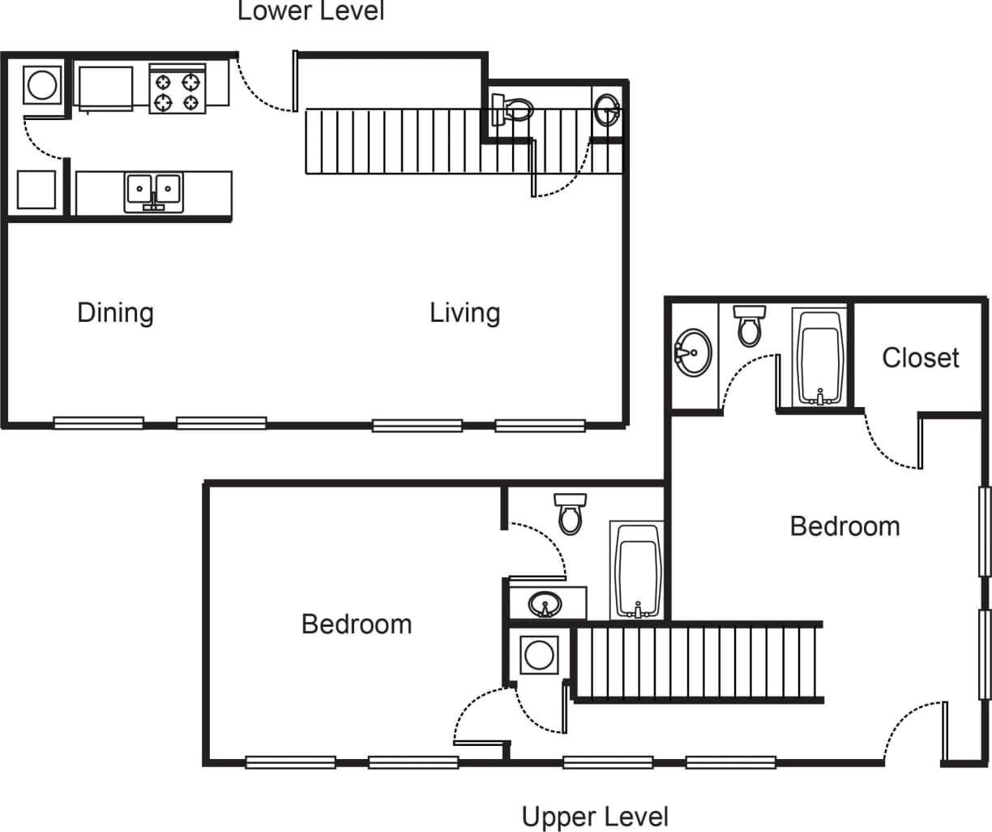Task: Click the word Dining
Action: click(115, 313)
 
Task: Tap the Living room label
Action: click(464, 313)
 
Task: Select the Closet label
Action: click(920, 358)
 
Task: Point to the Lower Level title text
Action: click(310, 11)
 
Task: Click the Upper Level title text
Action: click(595, 817)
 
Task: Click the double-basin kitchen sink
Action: click(153, 192)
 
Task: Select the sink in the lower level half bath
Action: click(606, 109)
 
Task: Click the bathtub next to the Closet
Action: click(821, 357)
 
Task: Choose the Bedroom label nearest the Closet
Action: click(844, 526)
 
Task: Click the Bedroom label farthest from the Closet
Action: click(357, 624)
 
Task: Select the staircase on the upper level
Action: click(697, 662)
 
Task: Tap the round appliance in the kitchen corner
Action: click(41, 84)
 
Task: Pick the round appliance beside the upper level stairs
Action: click(539, 654)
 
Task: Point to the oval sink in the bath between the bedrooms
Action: click(545, 604)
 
